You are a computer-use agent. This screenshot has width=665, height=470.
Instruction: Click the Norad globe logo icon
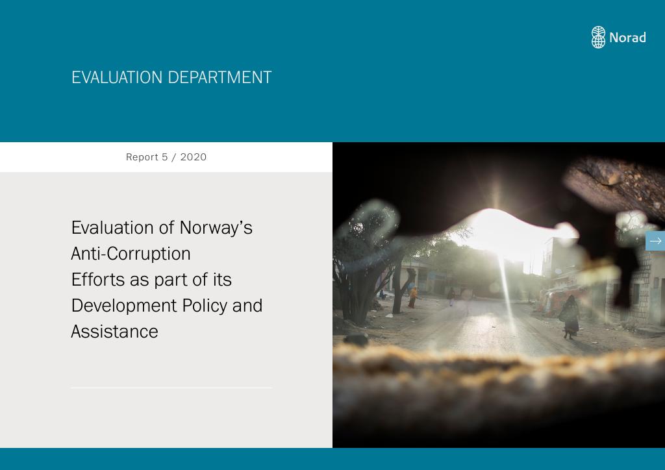point(598,37)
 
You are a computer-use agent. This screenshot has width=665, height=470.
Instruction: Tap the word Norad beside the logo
point(628,38)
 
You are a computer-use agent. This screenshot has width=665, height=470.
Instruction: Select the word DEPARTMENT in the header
point(220,77)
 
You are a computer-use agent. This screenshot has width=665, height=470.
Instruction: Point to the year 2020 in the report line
point(194,157)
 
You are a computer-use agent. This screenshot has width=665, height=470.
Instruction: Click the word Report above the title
point(142,157)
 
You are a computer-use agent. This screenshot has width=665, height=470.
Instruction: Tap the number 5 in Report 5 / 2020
point(164,157)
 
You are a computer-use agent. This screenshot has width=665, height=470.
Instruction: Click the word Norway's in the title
point(216,228)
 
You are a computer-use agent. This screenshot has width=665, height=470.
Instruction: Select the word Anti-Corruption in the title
point(131,254)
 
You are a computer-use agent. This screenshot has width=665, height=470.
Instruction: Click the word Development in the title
point(124,306)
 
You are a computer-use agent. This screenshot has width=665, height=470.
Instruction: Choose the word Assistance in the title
point(114,332)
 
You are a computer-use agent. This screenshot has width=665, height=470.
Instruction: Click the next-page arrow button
point(655,241)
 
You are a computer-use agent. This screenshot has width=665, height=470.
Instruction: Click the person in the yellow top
point(412,297)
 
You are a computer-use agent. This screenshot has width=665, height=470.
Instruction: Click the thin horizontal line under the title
point(171,388)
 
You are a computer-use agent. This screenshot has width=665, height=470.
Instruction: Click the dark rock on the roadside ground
point(357,339)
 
